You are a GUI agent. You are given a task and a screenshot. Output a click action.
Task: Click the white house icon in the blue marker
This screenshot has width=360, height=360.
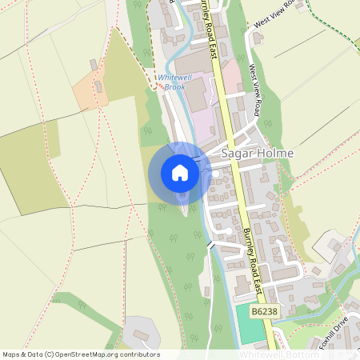180,172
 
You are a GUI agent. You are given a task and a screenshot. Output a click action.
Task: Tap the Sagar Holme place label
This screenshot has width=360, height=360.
257,153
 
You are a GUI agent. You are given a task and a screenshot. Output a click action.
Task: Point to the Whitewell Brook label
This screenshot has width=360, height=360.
171,81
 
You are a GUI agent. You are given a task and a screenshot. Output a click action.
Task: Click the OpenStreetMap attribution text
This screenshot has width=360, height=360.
80,354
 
